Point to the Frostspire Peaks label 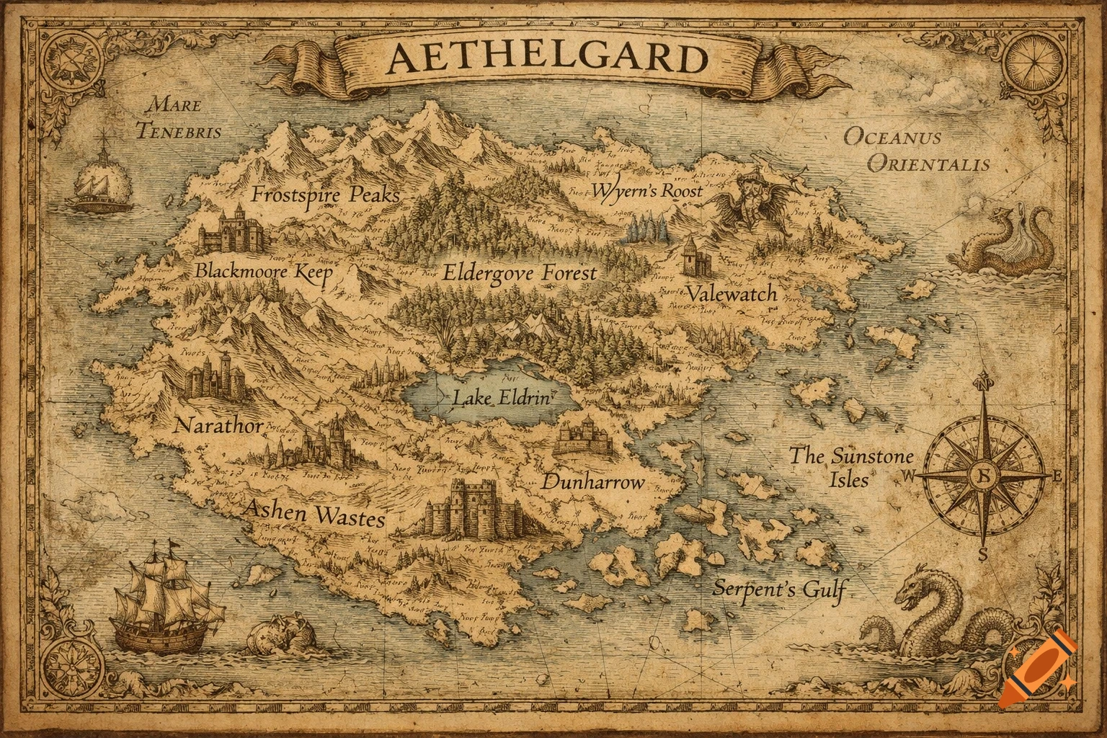point(325,195)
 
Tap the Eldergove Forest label point(519,272)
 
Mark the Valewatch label point(731,293)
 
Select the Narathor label point(218,425)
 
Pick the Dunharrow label point(592,482)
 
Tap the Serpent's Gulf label point(778,589)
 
